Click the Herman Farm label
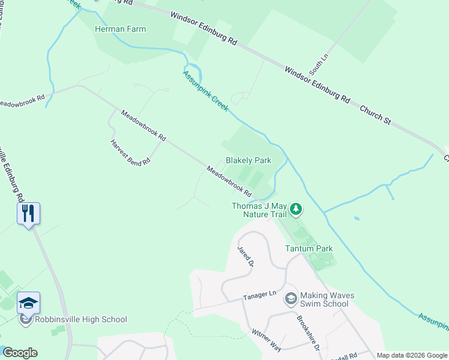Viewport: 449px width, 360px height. (x=120, y=29)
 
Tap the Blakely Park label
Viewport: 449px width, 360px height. (x=249, y=161)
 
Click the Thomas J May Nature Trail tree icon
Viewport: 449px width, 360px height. (x=295, y=209)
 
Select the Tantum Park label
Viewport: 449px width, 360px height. (x=309, y=248)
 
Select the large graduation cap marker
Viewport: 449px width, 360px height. (x=28, y=303)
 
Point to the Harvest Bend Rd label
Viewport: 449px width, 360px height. (x=130, y=153)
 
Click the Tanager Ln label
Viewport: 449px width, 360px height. (x=259, y=295)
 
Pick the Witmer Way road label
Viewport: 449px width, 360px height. (x=267, y=340)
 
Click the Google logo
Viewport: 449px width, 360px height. (x=20, y=353)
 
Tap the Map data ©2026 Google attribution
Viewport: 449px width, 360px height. (x=411, y=355)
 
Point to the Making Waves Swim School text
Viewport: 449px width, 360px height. (x=327, y=299)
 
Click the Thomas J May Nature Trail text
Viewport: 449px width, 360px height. (x=259, y=210)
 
